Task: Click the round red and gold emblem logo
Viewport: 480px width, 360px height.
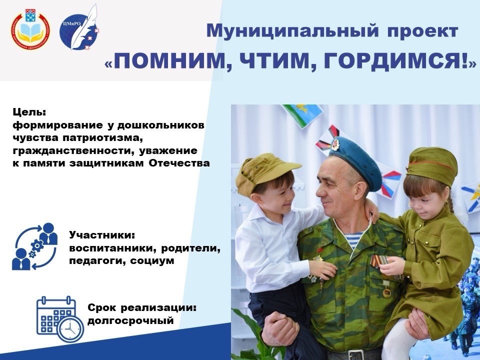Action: [x=30, y=29]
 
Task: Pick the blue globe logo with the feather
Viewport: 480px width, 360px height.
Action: [x=79, y=30]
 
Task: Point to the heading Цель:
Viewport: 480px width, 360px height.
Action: [x=29, y=112]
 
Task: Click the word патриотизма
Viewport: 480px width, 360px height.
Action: [x=103, y=138]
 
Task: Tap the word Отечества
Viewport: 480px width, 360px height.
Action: [x=179, y=163]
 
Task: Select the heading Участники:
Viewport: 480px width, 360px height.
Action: [x=102, y=235]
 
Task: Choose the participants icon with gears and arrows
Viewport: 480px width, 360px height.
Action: [x=34, y=246]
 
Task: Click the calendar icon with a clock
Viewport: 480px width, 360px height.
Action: [x=60, y=319]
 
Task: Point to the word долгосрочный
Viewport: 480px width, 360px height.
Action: [x=130, y=321]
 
